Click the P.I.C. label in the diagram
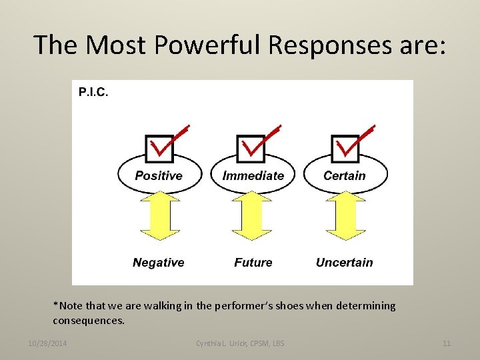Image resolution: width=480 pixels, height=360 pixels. coord(93,92)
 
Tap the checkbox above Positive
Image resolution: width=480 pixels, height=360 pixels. coord(159,148)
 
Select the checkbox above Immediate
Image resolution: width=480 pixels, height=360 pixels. coord(252,148)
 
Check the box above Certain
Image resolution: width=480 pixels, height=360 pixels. coord(345,148)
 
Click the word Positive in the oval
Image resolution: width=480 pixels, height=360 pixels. coord(159,176)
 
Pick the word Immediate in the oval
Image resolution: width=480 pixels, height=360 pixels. coord(253,176)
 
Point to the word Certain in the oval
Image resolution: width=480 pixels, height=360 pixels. coord(345,176)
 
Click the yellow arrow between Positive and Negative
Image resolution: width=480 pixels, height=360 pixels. coord(159,216)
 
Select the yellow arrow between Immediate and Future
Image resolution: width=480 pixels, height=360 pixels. coord(253,216)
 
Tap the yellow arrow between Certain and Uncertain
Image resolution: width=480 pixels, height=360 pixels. coord(345,216)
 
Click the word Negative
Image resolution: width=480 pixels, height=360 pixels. coord(158,263)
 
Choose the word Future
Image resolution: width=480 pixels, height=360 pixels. coord(253,263)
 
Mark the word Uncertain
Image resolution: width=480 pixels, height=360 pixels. coord(344,263)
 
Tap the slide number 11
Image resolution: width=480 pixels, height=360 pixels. coord(446,343)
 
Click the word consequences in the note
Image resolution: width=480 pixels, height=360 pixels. coord(88,320)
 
